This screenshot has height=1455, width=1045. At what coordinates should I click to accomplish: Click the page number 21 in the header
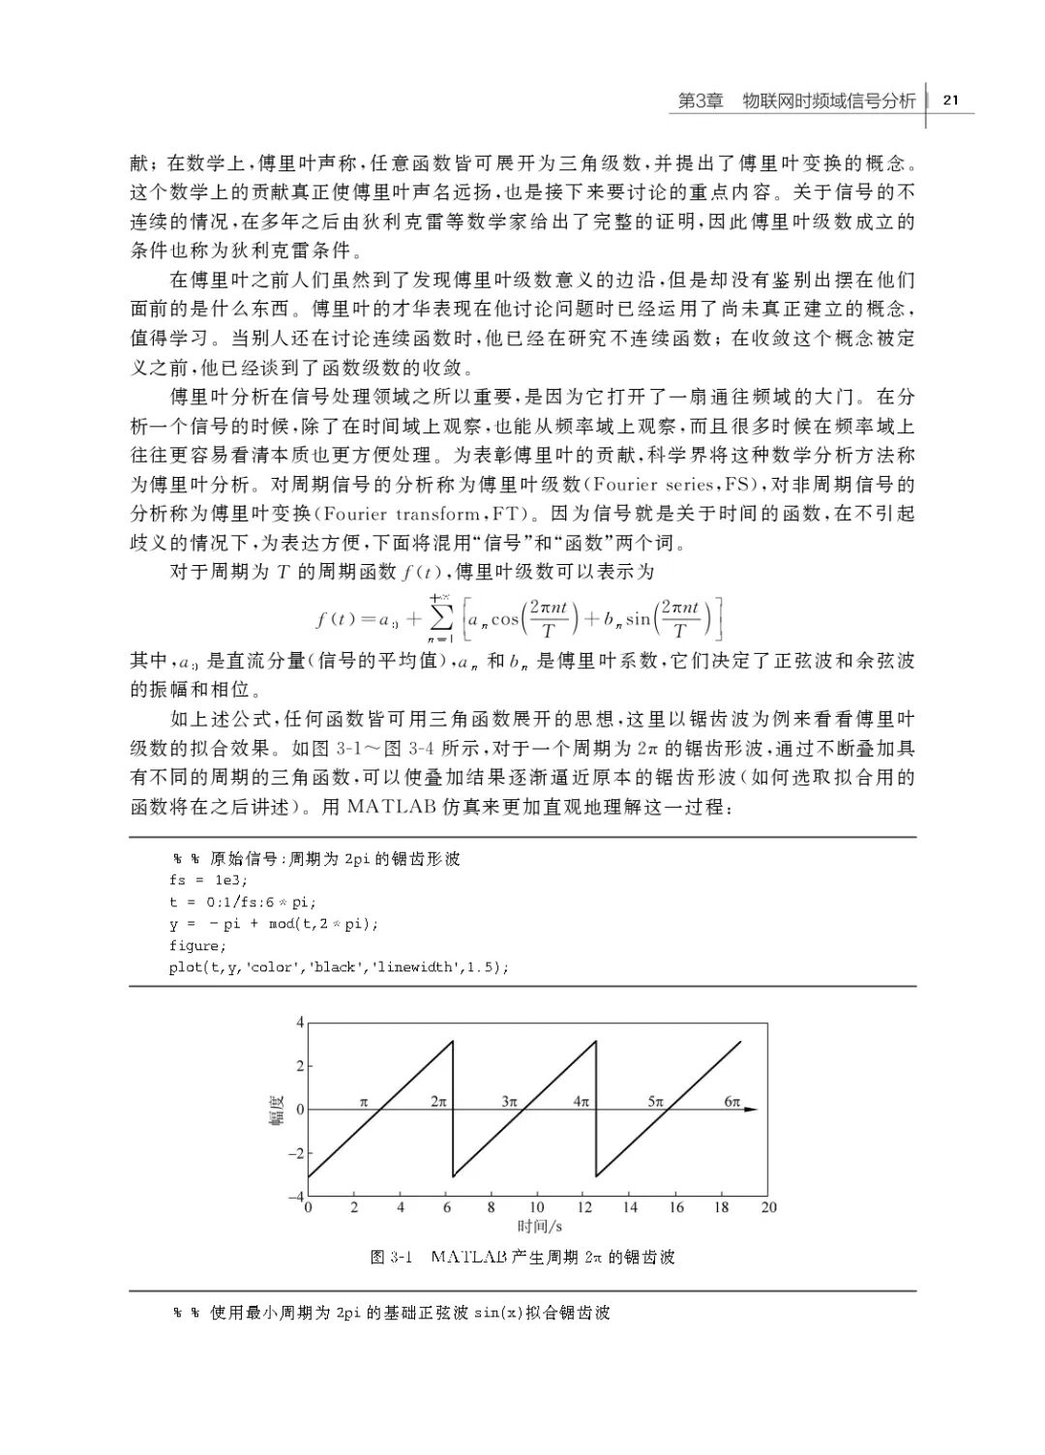point(949,100)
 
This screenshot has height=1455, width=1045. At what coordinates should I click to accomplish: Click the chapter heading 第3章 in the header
point(700,101)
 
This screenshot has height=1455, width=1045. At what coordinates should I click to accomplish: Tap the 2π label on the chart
point(438,1101)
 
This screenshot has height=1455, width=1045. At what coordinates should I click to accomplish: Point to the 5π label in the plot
point(655,1101)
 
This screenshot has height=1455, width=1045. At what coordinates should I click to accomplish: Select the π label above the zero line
point(364,1101)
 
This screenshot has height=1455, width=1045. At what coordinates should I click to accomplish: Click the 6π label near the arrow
point(731,1101)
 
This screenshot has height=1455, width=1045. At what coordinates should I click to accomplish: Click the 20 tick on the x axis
point(768,1207)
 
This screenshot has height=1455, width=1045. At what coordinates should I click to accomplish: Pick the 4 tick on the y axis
point(300,1023)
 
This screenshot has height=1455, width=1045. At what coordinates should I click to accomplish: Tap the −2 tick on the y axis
point(296,1154)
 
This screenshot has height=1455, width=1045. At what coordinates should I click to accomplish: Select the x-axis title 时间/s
point(538,1227)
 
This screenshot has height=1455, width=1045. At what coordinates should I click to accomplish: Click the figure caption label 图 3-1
point(391,1258)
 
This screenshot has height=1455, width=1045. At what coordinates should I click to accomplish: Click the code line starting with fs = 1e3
point(208,880)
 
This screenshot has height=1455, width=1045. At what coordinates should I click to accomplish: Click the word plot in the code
point(185,967)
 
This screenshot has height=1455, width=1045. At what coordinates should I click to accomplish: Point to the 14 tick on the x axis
point(630,1207)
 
